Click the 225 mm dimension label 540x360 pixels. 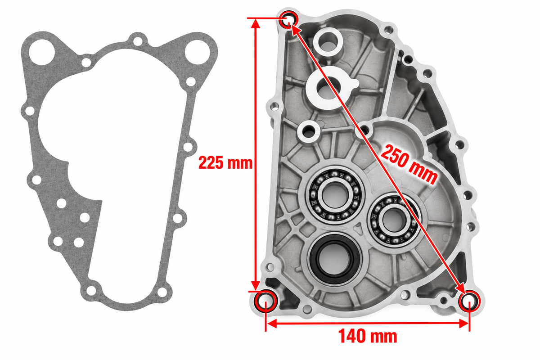click(225, 163)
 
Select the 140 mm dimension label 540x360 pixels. click(368, 336)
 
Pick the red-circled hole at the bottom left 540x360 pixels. click(265, 301)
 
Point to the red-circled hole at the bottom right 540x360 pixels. click(469, 301)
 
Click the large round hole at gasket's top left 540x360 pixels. click(42, 52)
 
